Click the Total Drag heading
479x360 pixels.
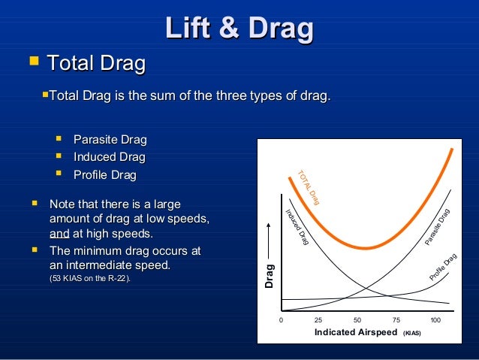pyautogui.click(x=96, y=64)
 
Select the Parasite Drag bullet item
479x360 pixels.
pyautogui.click(x=110, y=140)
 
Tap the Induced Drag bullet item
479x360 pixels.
pyautogui.click(x=109, y=157)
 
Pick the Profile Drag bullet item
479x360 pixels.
pyautogui.click(x=104, y=175)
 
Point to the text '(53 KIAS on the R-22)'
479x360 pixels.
pyautogui.click(x=89, y=280)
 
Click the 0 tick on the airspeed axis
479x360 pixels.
pyautogui.click(x=282, y=320)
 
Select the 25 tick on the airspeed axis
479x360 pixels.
pyautogui.click(x=318, y=320)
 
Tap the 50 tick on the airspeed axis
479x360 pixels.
pyautogui.click(x=357, y=320)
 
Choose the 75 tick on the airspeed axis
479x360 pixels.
pyautogui.click(x=396, y=320)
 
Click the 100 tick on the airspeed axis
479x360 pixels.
pyautogui.click(x=435, y=320)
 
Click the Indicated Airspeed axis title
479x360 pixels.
pyautogui.click(x=355, y=332)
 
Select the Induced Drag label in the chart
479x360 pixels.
pyautogui.click(x=297, y=226)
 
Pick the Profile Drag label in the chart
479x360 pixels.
pyautogui.click(x=443, y=268)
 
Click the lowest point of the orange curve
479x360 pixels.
pyautogui.click(x=366, y=248)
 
